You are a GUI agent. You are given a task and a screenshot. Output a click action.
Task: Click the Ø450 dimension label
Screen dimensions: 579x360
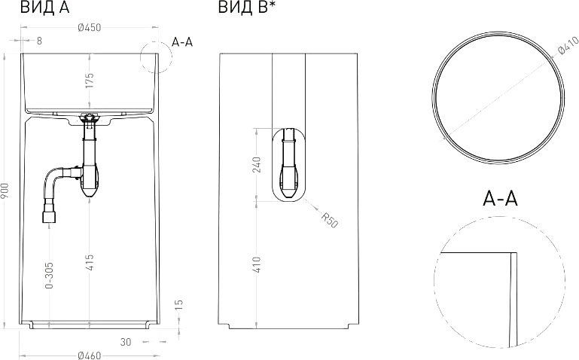click(x=90, y=28)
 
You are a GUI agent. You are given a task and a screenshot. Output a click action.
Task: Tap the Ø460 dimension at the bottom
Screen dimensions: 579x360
click(x=90, y=355)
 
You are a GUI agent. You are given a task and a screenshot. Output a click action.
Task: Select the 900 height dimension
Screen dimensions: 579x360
click(x=5, y=191)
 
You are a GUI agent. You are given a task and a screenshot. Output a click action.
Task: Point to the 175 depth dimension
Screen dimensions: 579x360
click(x=90, y=81)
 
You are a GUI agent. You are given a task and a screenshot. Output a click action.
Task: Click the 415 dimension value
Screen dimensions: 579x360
click(x=90, y=262)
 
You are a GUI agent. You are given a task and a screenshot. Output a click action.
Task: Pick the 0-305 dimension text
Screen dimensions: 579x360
click(x=49, y=275)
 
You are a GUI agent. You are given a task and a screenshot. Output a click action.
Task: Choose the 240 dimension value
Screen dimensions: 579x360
click(x=257, y=165)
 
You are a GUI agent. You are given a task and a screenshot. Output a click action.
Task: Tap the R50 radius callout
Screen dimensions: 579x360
click(x=329, y=220)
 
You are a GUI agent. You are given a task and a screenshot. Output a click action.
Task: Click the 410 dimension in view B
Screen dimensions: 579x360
click(x=257, y=264)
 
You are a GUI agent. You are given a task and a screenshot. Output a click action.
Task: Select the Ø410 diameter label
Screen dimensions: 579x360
click(x=568, y=45)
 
